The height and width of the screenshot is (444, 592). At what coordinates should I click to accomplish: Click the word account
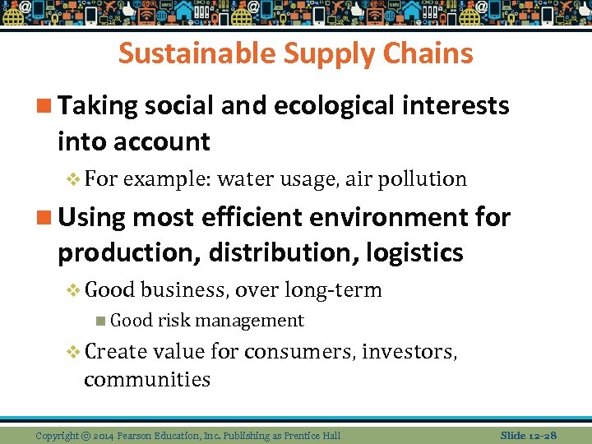point(164,141)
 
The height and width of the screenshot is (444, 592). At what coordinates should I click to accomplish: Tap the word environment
point(397,217)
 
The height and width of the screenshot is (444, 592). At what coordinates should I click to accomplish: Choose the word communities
point(147,379)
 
